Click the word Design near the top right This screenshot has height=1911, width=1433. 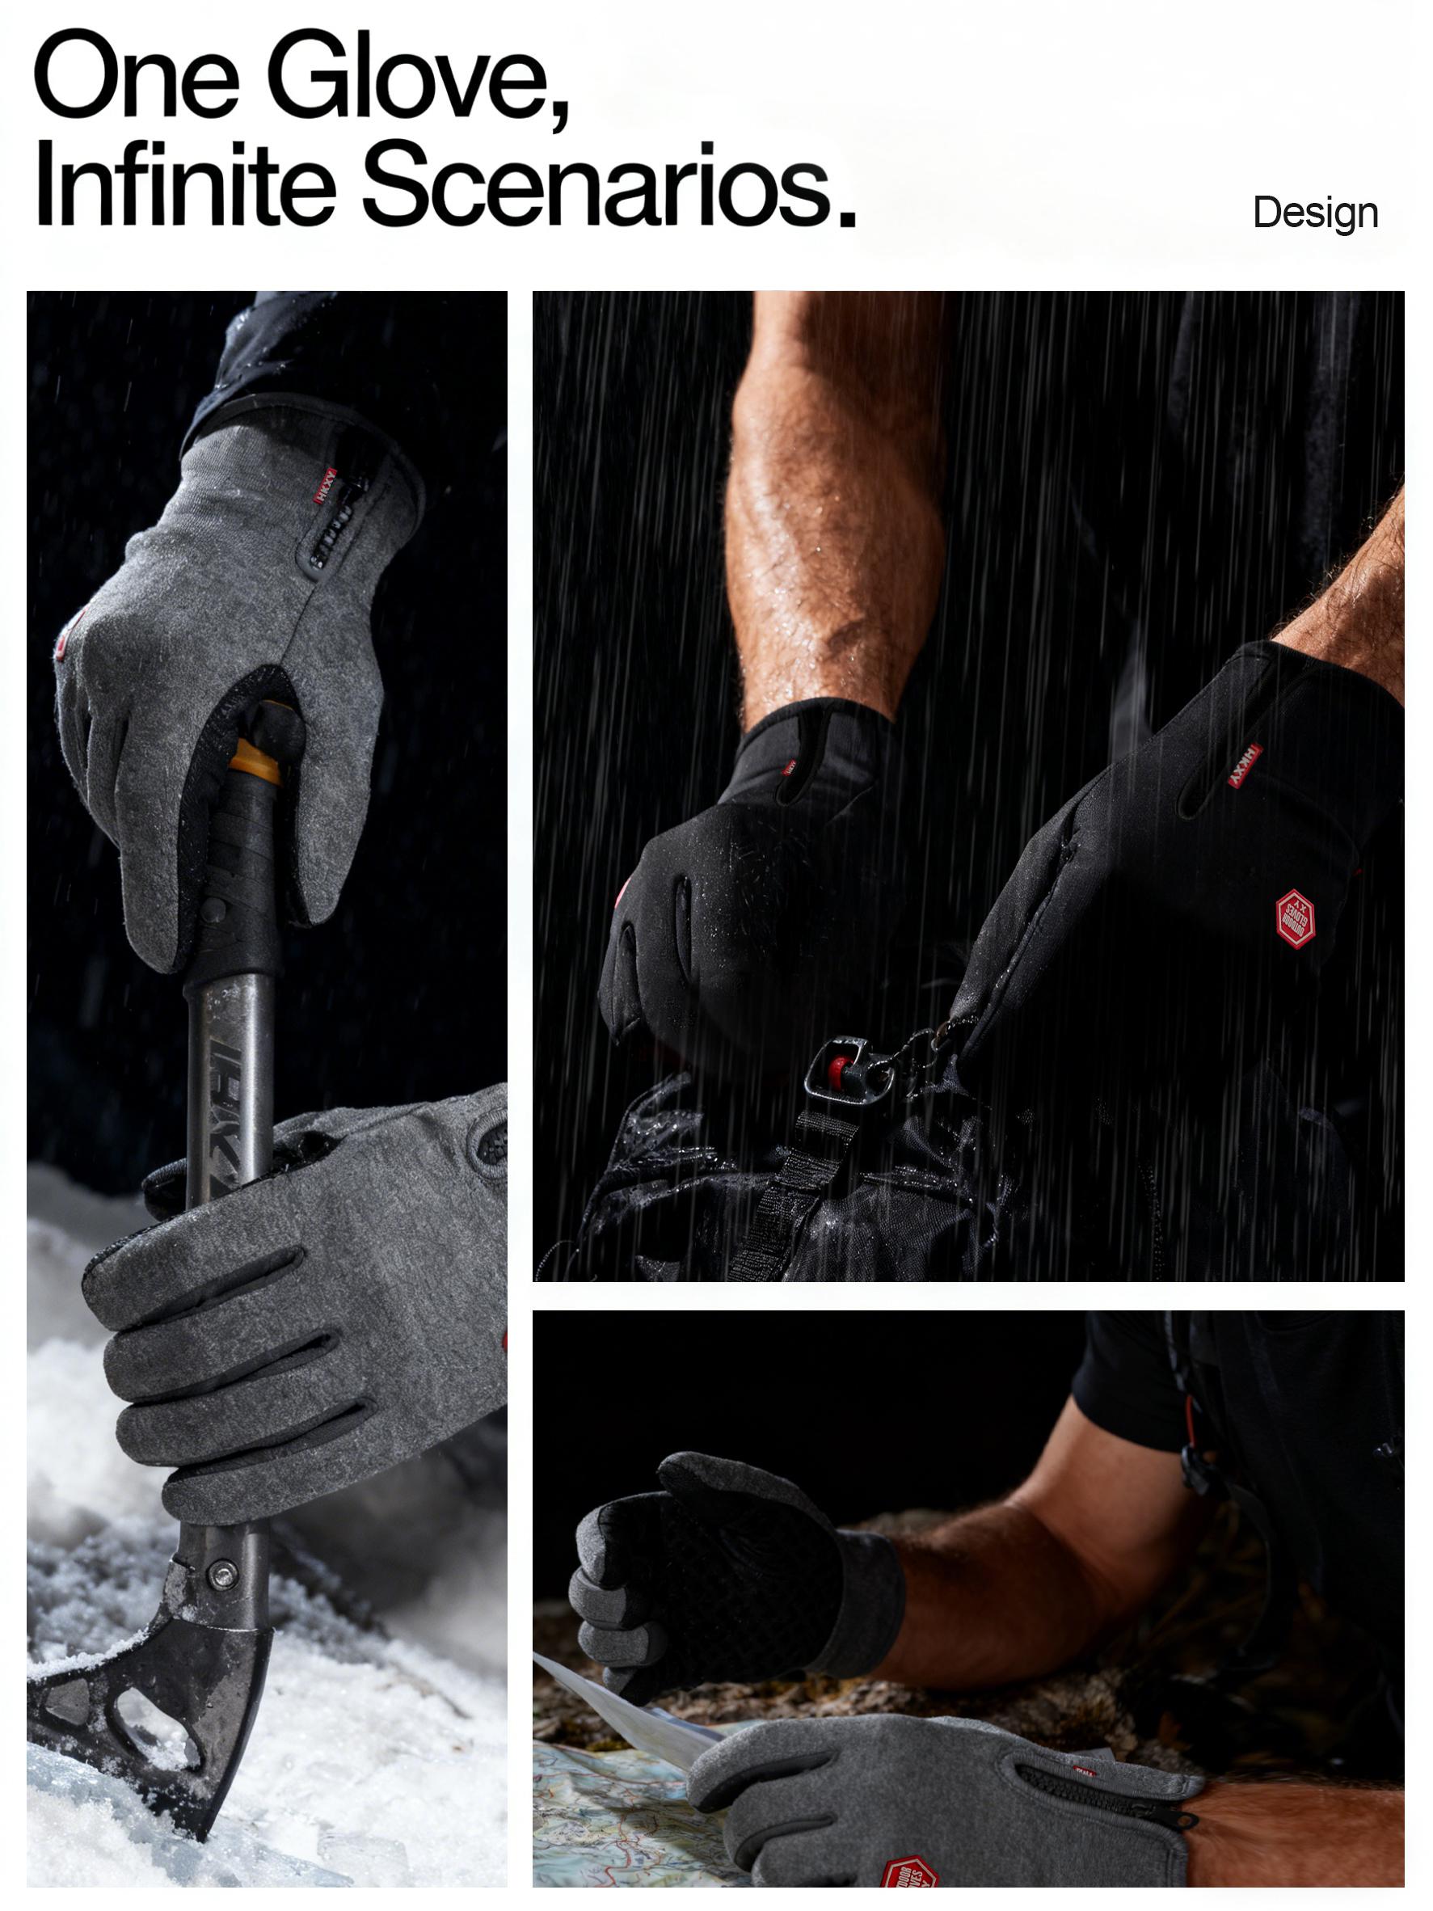1315,213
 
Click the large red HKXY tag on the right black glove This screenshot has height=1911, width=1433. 1246,766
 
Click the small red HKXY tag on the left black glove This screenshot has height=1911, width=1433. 789,768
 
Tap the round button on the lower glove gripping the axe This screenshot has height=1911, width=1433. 489,1145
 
